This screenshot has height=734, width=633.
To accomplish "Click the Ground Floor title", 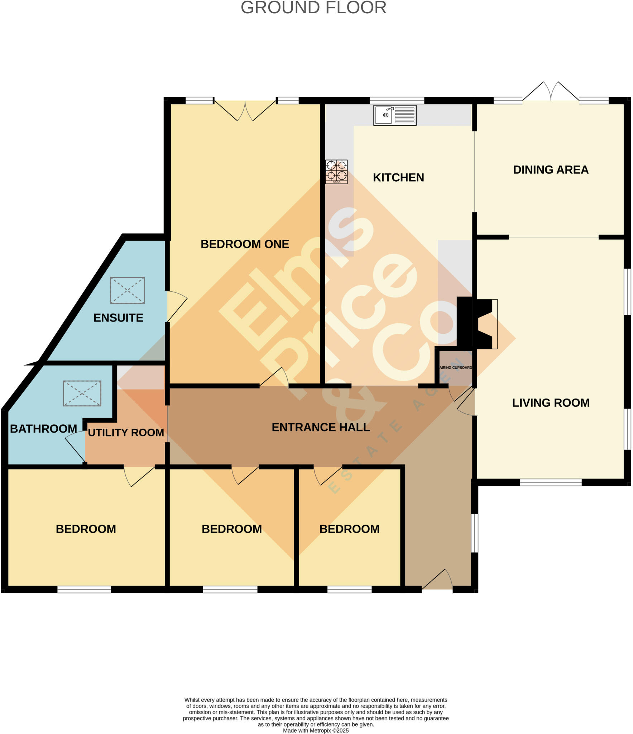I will tap(313, 8).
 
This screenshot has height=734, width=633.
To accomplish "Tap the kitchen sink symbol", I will tap(395, 115).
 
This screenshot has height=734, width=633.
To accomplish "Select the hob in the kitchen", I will tap(336, 172).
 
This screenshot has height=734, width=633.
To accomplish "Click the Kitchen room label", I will tap(398, 177).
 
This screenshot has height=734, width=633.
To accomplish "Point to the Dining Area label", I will tap(551, 170).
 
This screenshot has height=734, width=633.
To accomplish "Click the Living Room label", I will tap(551, 402).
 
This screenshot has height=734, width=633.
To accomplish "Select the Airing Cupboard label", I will tap(456, 367).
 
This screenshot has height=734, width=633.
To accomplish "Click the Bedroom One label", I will tap(245, 244).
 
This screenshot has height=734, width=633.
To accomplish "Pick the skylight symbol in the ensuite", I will tap(127, 290).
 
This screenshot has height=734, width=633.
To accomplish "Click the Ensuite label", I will tap(118, 318).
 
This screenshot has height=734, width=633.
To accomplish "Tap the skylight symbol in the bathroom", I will tap(82, 393).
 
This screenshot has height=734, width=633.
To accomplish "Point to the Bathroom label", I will tap(43, 429).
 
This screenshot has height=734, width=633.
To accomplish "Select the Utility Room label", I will tap(126, 433).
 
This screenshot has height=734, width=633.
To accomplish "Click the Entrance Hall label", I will tap(321, 427).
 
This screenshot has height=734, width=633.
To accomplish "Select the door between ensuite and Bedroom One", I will tap(177, 306).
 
